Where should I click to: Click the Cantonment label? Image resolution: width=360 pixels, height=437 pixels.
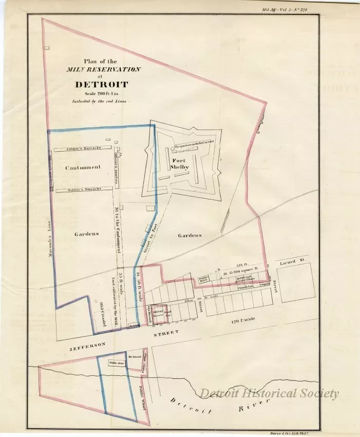coord(83,168)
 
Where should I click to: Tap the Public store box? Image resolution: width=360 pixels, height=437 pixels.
coord(116,362)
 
